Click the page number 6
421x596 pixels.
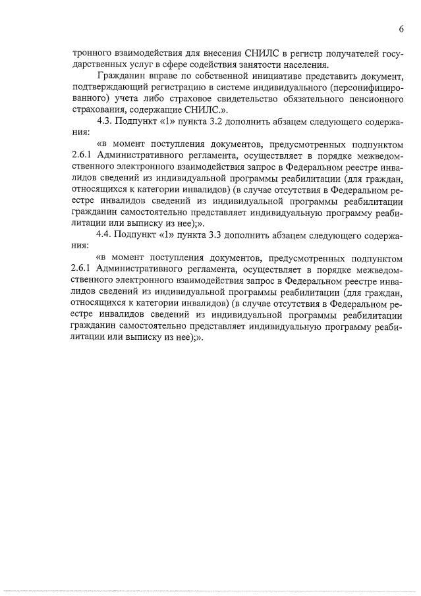(x=401, y=29)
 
